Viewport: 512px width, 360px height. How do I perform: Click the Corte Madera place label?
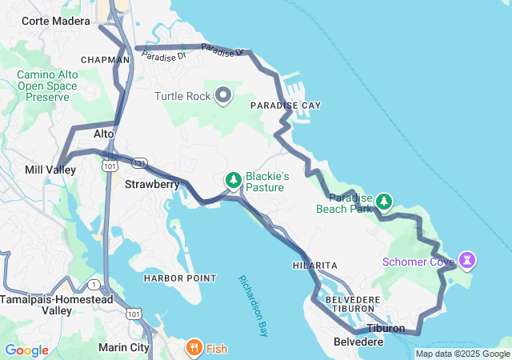coord(55,22)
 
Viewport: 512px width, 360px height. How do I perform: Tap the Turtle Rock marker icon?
coord(223,96)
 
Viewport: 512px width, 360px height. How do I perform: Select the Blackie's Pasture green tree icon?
coord(234,180)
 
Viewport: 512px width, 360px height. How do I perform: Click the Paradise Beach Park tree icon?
coord(385,200)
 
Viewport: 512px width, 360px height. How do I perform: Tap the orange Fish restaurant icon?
coord(194,348)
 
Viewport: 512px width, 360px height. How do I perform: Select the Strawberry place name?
coord(152,184)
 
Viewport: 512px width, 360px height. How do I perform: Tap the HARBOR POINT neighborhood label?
coord(179,278)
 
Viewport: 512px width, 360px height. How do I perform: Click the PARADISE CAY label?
coord(286,106)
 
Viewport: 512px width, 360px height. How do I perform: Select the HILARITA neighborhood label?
coord(314,265)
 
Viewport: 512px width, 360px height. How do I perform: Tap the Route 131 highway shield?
coord(140,162)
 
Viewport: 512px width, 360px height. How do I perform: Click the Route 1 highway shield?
coord(94,285)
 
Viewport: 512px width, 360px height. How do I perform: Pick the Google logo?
coord(26,350)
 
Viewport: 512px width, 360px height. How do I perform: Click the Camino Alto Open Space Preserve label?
coord(48,85)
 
